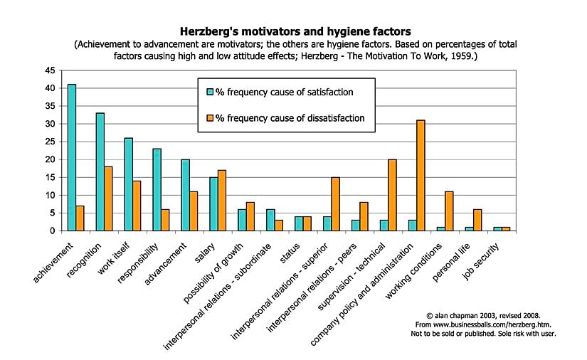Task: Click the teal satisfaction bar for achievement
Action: coord(72,157)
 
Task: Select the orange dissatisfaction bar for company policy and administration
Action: coord(421,175)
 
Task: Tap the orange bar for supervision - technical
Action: coord(393,194)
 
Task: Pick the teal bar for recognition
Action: coord(100,171)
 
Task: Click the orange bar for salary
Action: coord(222,200)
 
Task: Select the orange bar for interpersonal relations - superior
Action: coord(336,203)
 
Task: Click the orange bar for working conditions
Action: coord(450,211)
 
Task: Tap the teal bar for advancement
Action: coord(186,194)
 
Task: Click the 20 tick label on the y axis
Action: coord(50,159)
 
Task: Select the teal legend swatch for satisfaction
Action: coord(210,92)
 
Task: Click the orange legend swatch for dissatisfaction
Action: coord(210,118)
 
